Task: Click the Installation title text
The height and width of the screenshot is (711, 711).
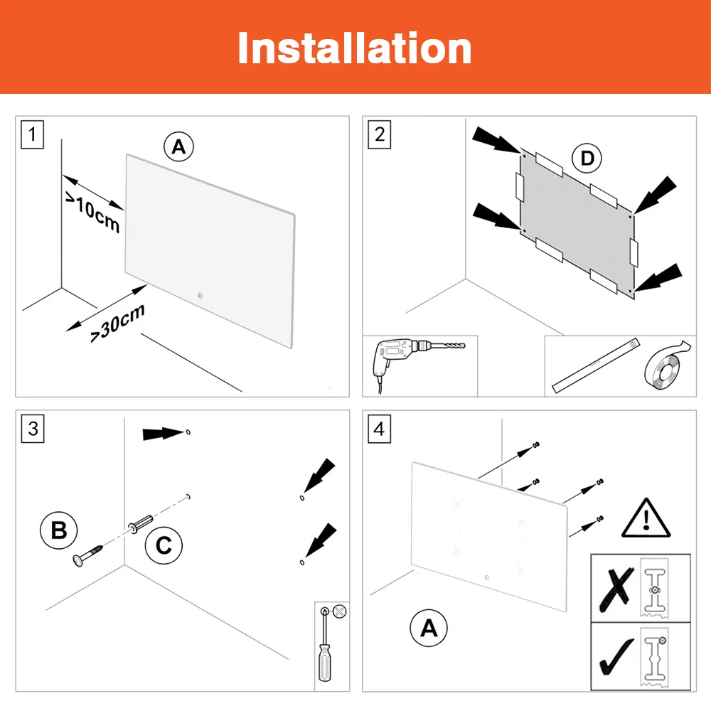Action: (354, 48)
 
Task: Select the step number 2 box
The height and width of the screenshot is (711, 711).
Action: (380, 134)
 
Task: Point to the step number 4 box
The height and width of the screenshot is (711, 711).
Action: (380, 428)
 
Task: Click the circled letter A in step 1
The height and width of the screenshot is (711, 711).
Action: (178, 147)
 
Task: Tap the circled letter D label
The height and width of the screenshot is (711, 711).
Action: (587, 159)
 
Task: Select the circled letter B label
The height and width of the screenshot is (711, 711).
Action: (59, 530)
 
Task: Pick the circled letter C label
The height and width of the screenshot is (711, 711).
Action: (164, 545)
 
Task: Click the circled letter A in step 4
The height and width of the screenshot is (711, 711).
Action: (429, 628)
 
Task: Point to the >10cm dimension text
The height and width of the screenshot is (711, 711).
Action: (93, 213)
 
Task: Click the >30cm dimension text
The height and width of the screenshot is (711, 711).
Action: (118, 324)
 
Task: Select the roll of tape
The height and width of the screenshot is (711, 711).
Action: (665, 367)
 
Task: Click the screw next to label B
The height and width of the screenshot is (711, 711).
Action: (89, 555)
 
